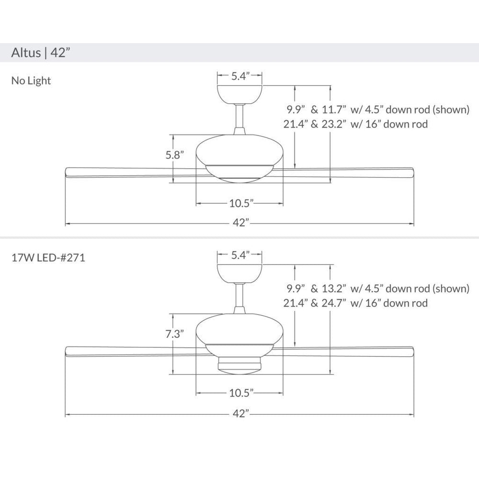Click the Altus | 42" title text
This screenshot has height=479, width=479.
[x=41, y=53]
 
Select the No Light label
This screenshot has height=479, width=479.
[x=31, y=80]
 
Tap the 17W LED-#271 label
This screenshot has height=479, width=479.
[x=48, y=258]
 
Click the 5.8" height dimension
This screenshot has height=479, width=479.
[x=175, y=155]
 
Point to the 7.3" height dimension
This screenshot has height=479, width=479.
[x=175, y=334]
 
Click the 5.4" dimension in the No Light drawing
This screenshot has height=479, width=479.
[x=240, y=76]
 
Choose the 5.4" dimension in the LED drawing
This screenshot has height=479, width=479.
[x=240, y=255]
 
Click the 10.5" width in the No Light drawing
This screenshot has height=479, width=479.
[x=241, y=203]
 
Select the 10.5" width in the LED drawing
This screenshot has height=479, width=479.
[x=241, y=393]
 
